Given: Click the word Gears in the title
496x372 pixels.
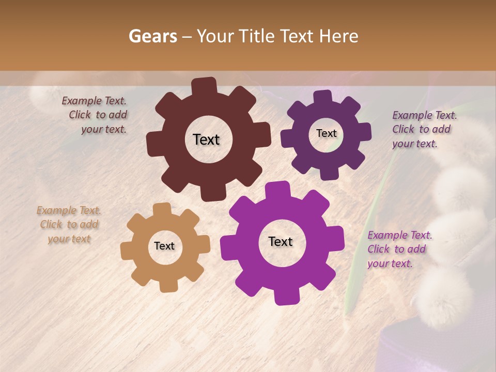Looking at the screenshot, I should (x=153, y=36).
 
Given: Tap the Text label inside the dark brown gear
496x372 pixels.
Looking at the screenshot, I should (x=206, y=139).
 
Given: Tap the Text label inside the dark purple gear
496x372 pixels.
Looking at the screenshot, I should (x=326, y=133).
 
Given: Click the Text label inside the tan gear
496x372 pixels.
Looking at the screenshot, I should (x=164, y=246).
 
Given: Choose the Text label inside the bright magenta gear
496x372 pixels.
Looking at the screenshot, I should (x=281, y=241).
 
